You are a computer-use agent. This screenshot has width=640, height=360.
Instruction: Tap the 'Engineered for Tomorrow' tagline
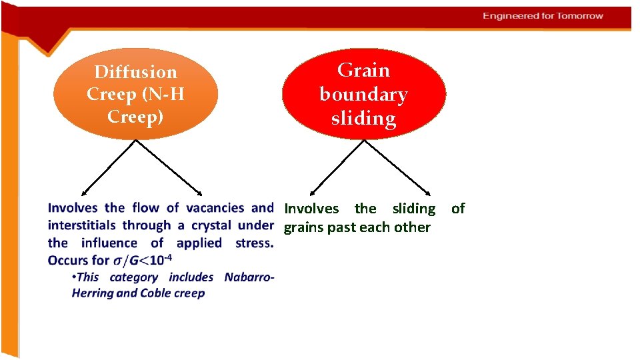(x=543, y=16)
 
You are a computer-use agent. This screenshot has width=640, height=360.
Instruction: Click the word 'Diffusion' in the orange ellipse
(x=135, y=72)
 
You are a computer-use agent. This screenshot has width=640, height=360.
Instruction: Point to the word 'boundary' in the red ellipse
(x=363, y=95)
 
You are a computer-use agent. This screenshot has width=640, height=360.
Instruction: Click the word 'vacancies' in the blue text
(x=215, y=208)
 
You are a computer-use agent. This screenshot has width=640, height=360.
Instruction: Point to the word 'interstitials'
(x=81, y=225)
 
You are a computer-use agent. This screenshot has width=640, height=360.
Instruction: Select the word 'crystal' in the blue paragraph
(x=211, y=225)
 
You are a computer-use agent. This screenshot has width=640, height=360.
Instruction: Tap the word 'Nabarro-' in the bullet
(x=249, y=277)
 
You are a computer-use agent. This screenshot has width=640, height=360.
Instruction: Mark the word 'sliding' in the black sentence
(x=413, y=209)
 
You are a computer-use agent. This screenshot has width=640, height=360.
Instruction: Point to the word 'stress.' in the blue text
(x=254, y=243)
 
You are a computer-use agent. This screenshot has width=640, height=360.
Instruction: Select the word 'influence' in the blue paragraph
(x=109, y=243)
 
